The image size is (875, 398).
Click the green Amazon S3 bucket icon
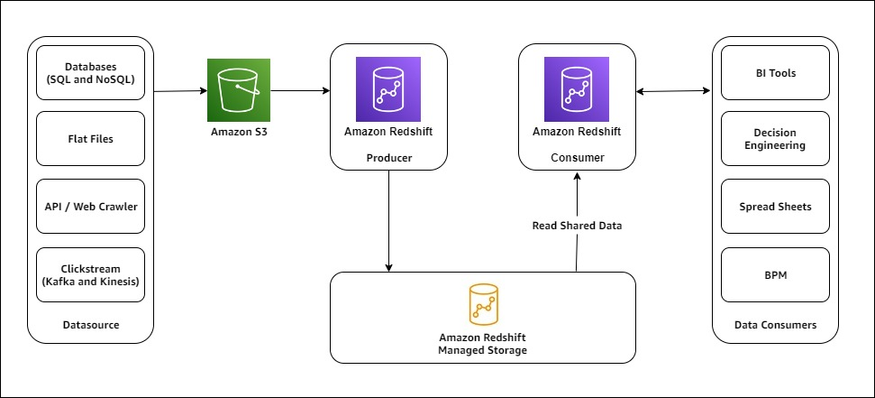(238, 90)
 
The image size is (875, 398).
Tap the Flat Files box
(90, 139)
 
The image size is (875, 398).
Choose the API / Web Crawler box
(90, 207)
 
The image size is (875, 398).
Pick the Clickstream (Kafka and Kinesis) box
(90, 274)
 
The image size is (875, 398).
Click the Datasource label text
(90, 325)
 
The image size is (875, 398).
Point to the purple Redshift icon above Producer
(388, 88)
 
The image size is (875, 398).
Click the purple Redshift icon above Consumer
(577, 88)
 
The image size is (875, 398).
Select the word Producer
(388, 158)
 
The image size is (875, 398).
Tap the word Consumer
(577, 158)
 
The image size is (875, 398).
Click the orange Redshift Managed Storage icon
(483, 305)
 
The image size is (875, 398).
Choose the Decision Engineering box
(775, 139)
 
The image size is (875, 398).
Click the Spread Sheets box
(775, 207)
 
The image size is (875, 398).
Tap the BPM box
(775, 274)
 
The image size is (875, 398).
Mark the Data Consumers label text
(775, 325)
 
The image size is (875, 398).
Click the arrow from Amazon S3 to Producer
(299, 90)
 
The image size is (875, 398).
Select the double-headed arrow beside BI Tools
(674, 90)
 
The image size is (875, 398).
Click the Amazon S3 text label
(238, 133)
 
